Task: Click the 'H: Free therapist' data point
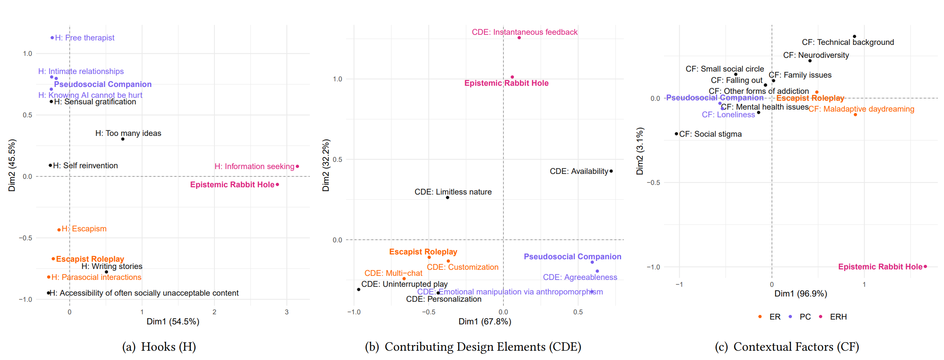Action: tap(52, 38)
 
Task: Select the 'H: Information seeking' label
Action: tap(254, 166)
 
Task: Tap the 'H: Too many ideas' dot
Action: tap(123, 139)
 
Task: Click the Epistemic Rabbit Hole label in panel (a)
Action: tap(232, 184)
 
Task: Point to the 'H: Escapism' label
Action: tap(84, 229)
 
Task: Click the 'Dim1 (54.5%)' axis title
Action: tap(173, 322)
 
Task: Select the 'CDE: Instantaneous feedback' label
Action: tap(524, 32)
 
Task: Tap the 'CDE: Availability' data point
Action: tap(611, 171)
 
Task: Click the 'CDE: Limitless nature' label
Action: tap(453, 192)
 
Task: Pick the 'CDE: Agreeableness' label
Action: tap(580, 277)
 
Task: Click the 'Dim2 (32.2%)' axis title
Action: tap(326, 165)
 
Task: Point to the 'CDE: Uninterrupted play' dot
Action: tap(359, 289)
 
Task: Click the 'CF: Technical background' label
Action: tap(848, 42)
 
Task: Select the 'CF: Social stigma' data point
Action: tap(676, 134)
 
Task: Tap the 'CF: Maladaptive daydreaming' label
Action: tap(861, 109)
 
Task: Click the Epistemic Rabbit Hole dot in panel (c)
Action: tap(925, 267)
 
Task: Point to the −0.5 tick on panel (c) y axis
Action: tap(653, 182)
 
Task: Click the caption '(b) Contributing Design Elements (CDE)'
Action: tap(473, 347)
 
